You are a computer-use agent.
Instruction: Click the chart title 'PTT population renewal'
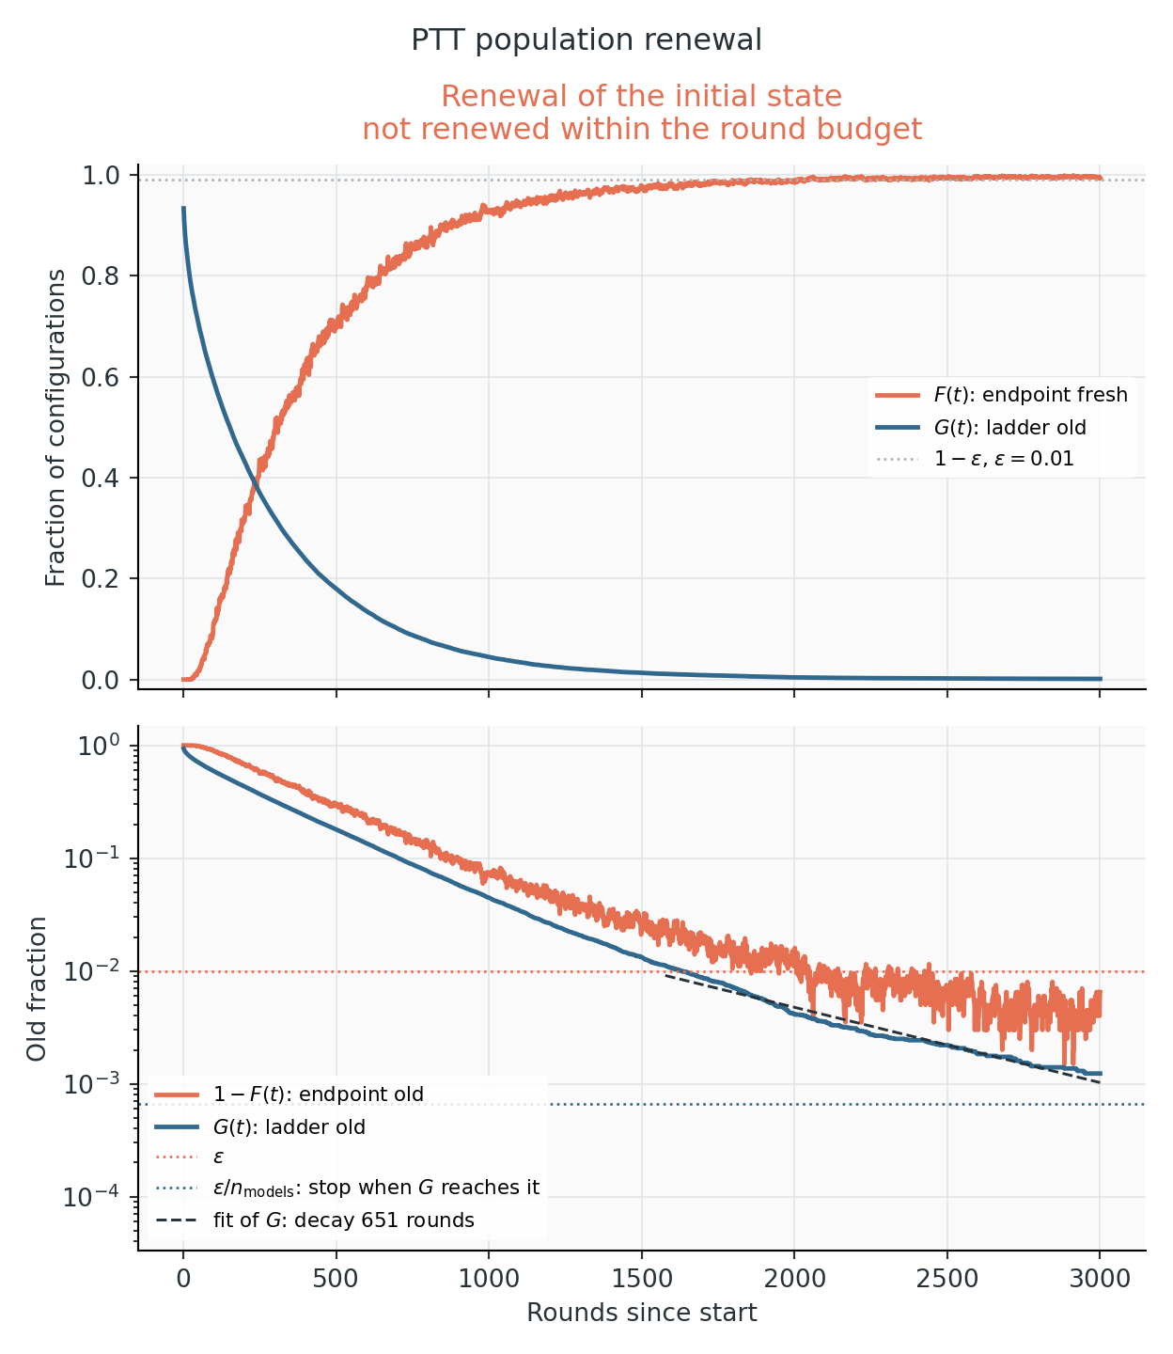click(586, 40)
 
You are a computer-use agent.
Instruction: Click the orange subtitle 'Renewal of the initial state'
click(641, 96)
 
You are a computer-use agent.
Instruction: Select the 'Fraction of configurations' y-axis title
click(55, 428)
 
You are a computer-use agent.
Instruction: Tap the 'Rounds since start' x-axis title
click(642, 1312)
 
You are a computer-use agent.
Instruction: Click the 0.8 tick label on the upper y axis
click(101, 276)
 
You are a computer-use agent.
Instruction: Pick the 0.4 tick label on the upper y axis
click(101, 478)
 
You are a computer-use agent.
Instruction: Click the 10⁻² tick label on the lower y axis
click(92, 970)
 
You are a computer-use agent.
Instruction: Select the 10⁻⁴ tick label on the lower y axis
click(92, 1196)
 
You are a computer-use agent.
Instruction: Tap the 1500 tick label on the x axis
click(642, 1278)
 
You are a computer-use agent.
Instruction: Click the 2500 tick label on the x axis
click(947, 1278)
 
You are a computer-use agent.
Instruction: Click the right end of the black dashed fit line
click(1101, 1083)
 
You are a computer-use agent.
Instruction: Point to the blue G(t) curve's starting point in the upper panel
click(183, 208)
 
